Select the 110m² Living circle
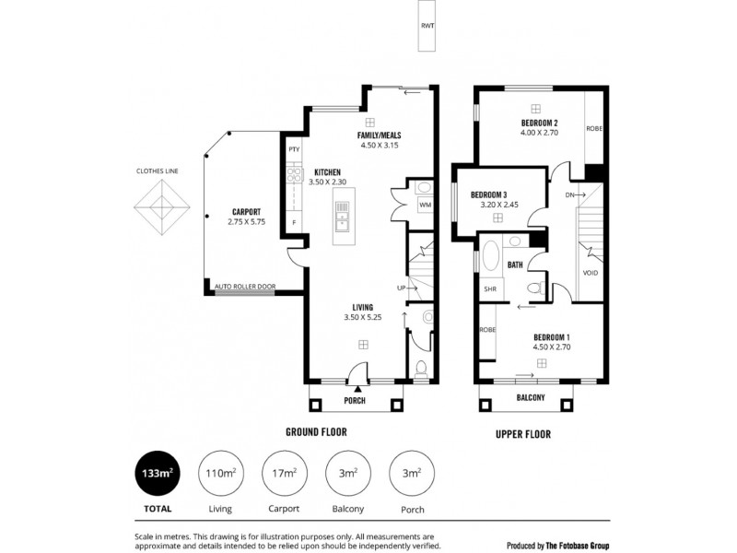219,474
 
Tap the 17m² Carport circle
284,474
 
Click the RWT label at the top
427,27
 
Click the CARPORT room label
246,210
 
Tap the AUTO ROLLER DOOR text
244,287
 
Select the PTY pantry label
294,149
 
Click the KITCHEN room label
328,172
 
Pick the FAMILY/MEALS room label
380,135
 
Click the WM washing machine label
425,204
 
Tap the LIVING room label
362,307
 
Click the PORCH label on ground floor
355,401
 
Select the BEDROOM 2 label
539,123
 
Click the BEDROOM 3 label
489,194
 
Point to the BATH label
515,265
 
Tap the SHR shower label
489,288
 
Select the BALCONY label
531,398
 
